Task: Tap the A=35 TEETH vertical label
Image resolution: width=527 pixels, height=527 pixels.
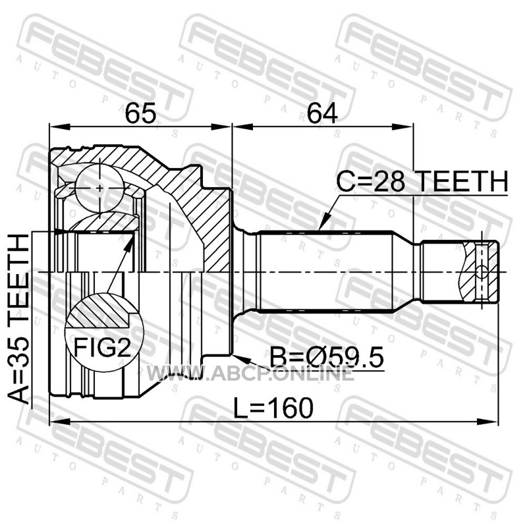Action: pos(19,319)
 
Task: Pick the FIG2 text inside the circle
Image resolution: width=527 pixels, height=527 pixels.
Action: pos(102,347)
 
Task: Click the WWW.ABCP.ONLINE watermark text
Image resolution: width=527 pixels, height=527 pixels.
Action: pos(250,373)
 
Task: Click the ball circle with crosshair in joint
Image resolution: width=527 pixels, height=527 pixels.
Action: pos(100,188)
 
